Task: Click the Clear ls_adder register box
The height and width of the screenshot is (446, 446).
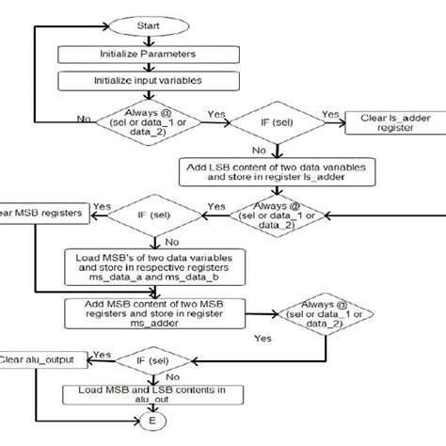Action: click(x=388, y=124)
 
